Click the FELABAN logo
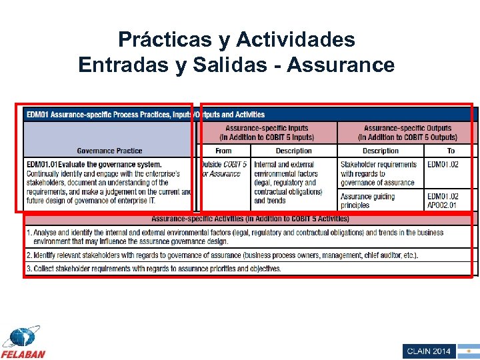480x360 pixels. (23, 343)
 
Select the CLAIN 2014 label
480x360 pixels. (429, 351)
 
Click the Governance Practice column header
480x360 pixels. (109, 151)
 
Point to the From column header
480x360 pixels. (224, 151)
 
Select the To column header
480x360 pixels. (451, 151)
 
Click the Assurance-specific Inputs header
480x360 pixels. (267, 133)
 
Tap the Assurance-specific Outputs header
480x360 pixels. (407, 133)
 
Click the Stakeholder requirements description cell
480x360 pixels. (379, 173)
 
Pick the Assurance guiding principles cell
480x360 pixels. (367, 201)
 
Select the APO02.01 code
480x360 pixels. (443, 205)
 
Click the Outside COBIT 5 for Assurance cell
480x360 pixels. (224, 169)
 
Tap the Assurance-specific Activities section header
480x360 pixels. (250, 219)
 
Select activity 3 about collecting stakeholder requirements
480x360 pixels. (153, 269)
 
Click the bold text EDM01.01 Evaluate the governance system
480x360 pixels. (94, 164)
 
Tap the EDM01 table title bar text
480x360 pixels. (145, 115)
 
